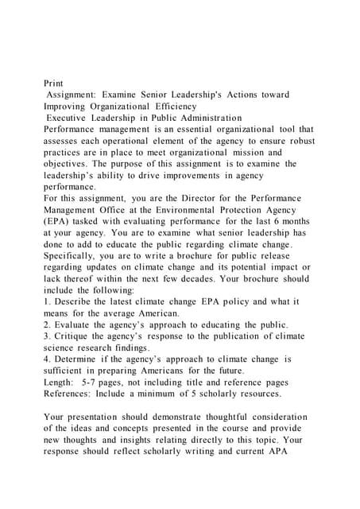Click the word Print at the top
pyautogui.click(x=54, y=82)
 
